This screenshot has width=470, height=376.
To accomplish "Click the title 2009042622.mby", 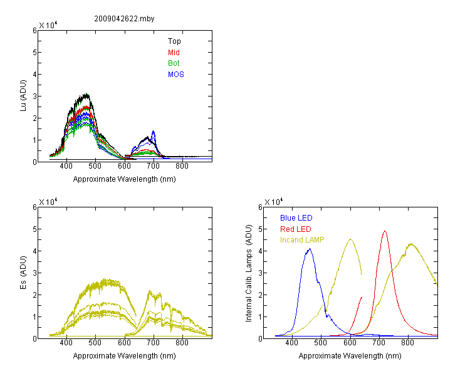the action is tap(124, 19).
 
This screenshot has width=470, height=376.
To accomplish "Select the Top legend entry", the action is tap(174, 41).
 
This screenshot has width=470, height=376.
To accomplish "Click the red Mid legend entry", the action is tap(174, 53).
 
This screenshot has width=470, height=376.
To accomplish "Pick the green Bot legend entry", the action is tap(174, 63).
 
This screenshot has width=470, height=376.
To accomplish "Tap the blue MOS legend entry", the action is tap(176, 75).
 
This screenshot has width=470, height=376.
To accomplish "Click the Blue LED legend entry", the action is tap(296, 218).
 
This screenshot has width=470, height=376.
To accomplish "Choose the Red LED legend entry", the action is tap(296, 229).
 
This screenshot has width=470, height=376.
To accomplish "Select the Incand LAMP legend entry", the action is tap(302, 240).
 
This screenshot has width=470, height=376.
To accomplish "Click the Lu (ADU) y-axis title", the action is tap(23, 96).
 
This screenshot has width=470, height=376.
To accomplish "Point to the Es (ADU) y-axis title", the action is tap(23, 272).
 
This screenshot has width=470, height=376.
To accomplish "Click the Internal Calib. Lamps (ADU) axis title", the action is tap(249, 273).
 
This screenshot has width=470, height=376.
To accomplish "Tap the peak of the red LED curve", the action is tap(385, 231).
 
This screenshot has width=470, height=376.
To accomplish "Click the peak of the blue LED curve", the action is tap(310, 249).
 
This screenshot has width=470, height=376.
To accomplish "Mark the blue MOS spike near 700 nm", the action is tap(154, 131).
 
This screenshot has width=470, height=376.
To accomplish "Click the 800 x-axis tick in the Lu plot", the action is tap(182, 166).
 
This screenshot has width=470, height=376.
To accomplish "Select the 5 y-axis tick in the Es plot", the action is tap(34, 229).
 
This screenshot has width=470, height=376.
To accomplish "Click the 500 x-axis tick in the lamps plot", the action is tap(321, 343).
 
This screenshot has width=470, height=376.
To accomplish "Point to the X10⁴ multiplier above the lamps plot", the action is tap(273, 202).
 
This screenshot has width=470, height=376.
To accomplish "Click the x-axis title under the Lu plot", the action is tap(125, 179).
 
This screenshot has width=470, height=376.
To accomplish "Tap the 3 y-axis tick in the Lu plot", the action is tap(34, 97).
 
